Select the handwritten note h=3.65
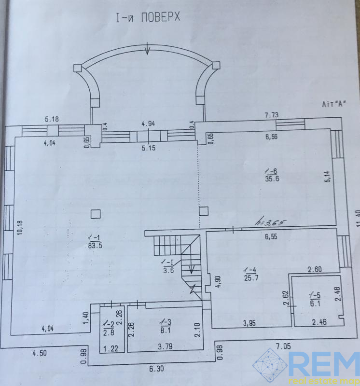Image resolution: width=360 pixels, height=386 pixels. tap(272, 222)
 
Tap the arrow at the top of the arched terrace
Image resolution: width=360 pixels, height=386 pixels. tap(148, 49)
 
